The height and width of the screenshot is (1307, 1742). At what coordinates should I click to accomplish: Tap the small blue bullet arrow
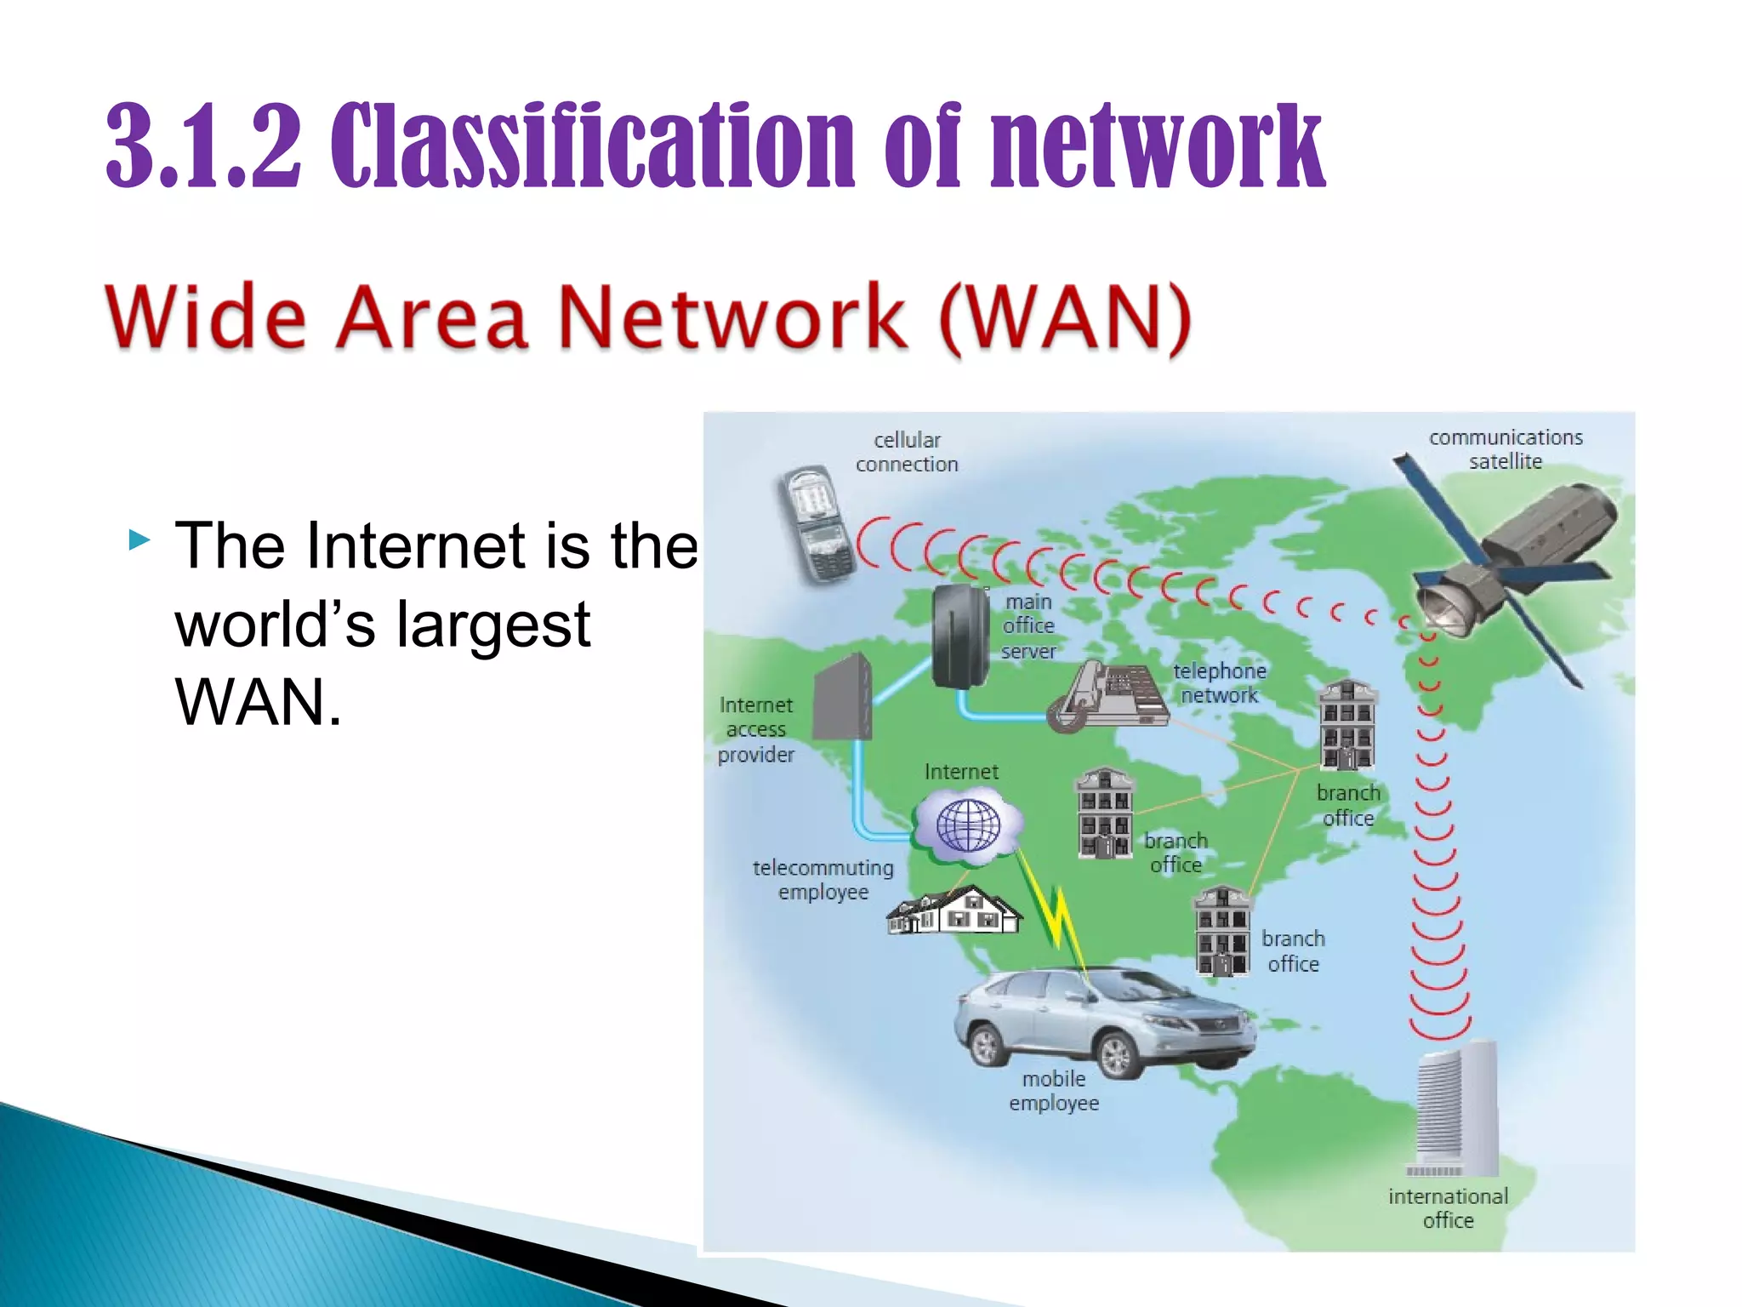click(139, 539)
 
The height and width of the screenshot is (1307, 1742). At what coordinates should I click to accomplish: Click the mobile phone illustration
click(816, 524)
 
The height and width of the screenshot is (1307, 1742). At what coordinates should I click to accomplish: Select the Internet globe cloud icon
click(968, 825)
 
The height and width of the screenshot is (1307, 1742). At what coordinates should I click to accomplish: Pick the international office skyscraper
click(1455, 1110)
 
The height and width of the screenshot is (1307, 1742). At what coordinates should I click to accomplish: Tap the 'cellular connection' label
click(907, 452)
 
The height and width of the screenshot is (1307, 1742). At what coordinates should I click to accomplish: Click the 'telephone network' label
click(1220, 683)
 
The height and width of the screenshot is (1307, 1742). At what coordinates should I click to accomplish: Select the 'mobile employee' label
click(1054, 1091)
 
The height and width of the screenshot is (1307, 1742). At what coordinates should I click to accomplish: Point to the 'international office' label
click(1448, 1208)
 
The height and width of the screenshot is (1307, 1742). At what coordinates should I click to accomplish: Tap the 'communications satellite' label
click(1506, 449)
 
